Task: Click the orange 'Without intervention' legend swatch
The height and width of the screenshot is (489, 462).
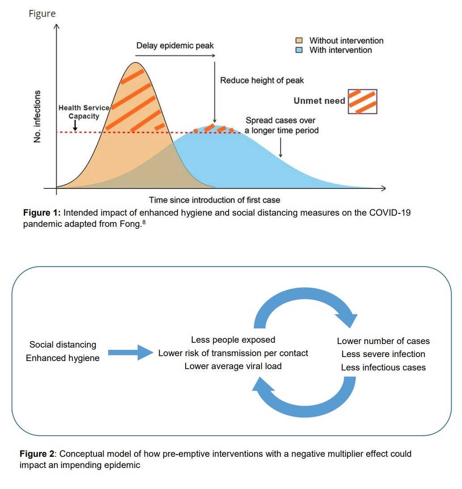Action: pyautogui.click(x=302, y=41)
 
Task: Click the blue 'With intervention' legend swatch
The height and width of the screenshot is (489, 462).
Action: pyautogui.click(x=302, y=50)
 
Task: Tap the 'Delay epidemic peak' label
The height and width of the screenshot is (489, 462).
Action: pyautogui.click(x=175, y=46)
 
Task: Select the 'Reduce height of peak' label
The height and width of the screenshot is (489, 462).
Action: pyautogui.click(x=262, y=81)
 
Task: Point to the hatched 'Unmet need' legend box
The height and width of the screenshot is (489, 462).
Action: pyautogui.click(x=362, y=101)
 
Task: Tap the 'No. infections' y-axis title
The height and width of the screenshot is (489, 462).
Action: pyautogui.click(x=38, y=117)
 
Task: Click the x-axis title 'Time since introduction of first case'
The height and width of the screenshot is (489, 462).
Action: pyautogui.click(x=215, y=200)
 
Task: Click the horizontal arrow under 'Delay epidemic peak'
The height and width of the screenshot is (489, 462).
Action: pyautogui.click(x=175, y=56)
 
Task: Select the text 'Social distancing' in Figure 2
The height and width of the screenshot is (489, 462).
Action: pyautogui.click(x=63, y=344)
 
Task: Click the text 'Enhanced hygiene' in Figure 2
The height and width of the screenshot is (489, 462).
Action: pyautogui.click(x=63, y=358)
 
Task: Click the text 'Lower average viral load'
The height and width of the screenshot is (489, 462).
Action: pyautogui.click(x=233, y=366)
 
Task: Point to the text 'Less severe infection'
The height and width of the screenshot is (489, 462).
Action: pyautogui.click(x=383, y=354)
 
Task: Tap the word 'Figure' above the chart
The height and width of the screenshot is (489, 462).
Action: pyautogui.click(x=42, y=13)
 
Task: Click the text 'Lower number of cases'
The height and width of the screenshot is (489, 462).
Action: pyautogui.click(x=383, y=341)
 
